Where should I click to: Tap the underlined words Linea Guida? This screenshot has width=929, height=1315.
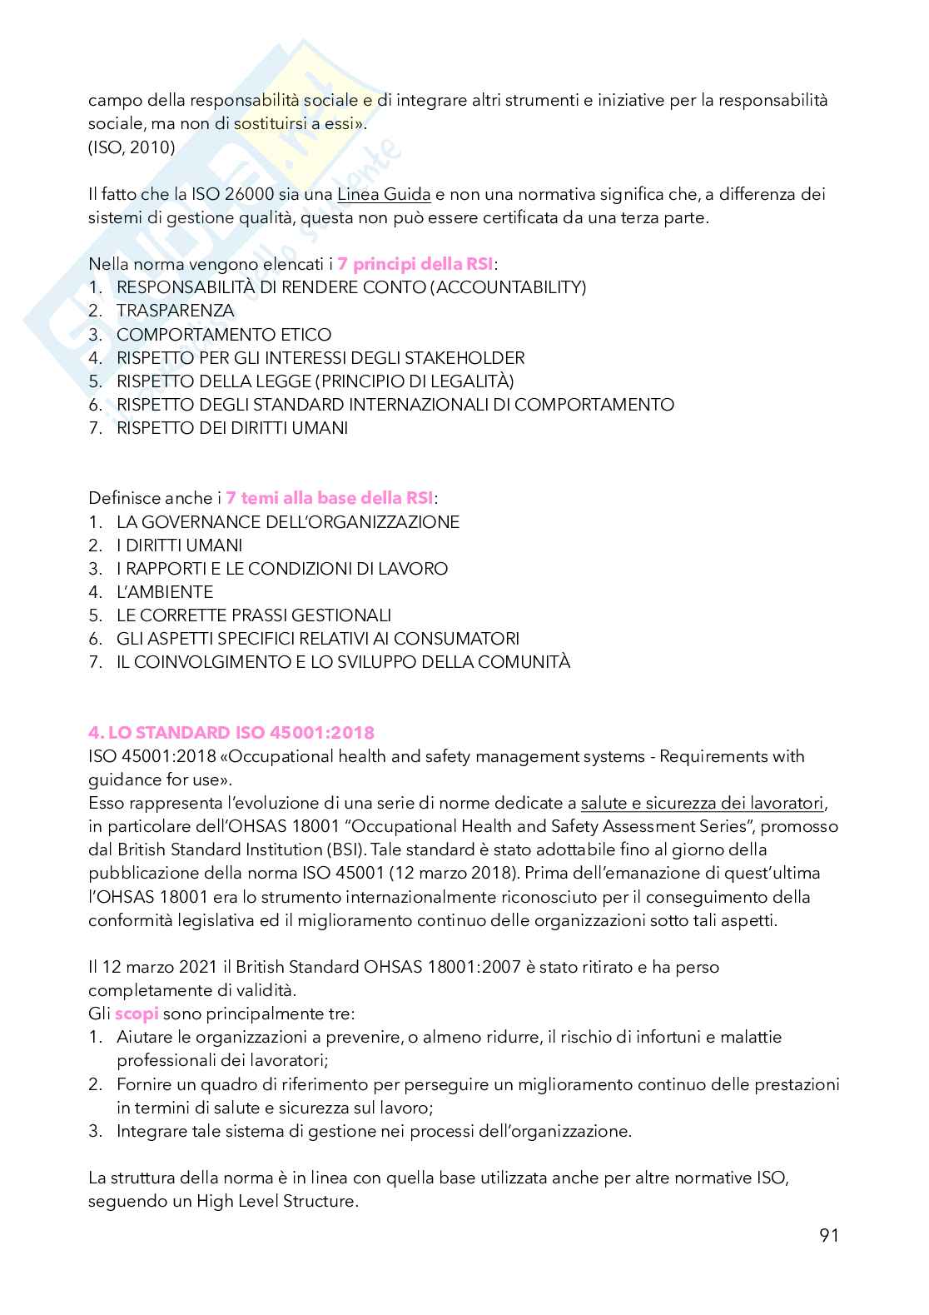click(x=384, y=195)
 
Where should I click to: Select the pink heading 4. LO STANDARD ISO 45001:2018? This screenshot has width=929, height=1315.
click(x=231, y=733)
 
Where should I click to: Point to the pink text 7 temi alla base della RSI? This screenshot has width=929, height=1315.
click(x=330, y=499)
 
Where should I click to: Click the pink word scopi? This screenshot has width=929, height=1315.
click(x=137, y=1014)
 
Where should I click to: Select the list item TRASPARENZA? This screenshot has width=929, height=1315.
click(x=176, y=311)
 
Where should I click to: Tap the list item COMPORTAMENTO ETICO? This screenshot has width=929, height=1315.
click(x=224, y=335)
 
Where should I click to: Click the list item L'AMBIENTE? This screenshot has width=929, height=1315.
click(x=165, y=592)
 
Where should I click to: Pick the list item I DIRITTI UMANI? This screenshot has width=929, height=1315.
click(x=180, y=545)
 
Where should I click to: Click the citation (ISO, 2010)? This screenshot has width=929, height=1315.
click(x=132, y=148)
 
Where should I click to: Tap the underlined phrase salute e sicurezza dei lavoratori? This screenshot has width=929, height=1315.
click(x=703, y=804)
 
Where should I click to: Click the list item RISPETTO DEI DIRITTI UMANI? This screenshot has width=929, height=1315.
click(x=232, y=429)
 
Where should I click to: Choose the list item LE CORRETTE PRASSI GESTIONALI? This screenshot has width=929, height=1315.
click(x=254, y=615)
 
